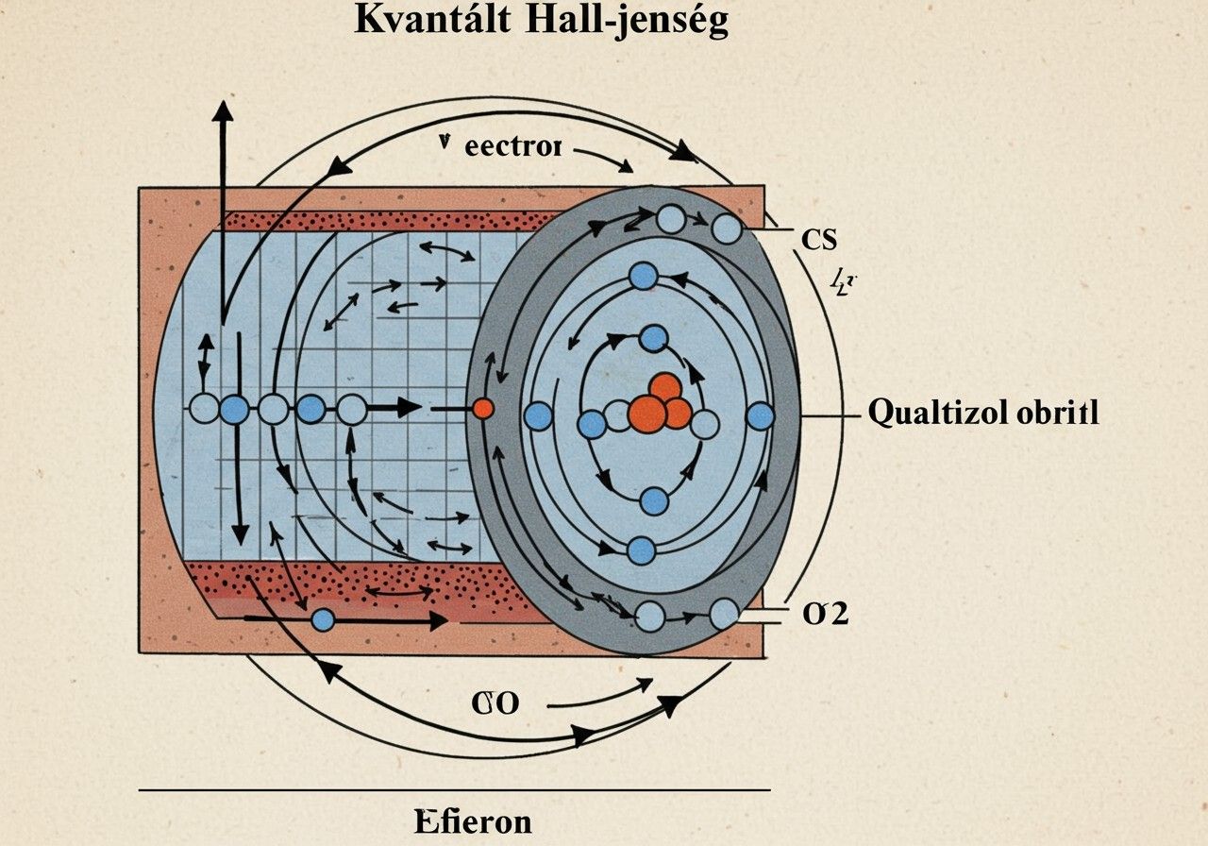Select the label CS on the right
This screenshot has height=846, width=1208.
point(818,240)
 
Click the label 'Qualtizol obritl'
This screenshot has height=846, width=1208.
point(982,414)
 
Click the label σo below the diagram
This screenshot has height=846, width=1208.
point(495,703)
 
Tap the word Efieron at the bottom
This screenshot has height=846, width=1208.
point(473,821)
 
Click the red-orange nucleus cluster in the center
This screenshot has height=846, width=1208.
point(660,407)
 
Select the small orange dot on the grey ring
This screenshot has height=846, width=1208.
point(482,409)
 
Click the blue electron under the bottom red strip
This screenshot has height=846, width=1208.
point(323,619)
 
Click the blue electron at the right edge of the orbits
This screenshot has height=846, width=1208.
point(760,416)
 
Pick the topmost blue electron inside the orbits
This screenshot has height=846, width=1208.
point(643,276)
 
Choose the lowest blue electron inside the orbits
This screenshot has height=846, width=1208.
point(641,550)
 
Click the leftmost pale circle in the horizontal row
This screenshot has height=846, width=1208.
point(204,410)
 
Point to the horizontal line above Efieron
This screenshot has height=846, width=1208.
point(453,788)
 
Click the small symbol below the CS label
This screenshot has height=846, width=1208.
point(842,280)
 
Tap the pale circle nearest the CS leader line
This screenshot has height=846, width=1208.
point(726,228)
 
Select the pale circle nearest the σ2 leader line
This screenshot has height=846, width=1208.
point(724,614)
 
